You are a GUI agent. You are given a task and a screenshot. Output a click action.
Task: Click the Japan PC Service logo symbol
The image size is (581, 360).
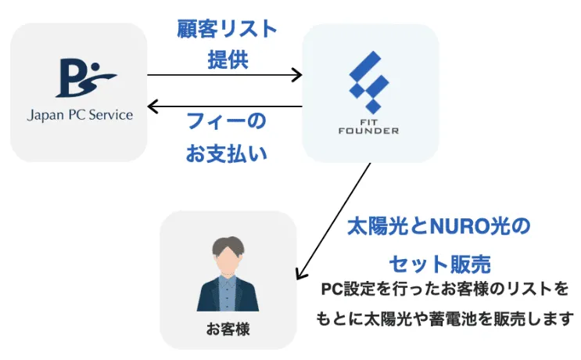pos(85,76)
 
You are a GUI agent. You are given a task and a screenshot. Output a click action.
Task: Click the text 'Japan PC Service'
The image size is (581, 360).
pos(79,114)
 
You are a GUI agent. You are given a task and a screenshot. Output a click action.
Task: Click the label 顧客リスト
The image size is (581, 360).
pos(227,30)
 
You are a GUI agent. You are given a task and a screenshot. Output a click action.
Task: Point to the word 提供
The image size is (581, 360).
pos(228,60)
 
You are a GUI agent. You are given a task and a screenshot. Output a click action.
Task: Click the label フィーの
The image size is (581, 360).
pos(225,122)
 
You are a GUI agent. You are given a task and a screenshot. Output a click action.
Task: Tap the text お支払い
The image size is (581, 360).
pos(226,153)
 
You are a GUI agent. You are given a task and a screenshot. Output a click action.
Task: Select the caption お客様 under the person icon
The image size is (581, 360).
pos(228,330)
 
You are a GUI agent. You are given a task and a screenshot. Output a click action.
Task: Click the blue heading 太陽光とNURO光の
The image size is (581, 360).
pos(439,228)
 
